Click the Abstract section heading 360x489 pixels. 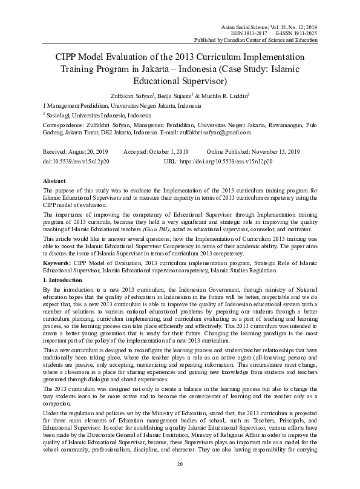click(x=54, y=181)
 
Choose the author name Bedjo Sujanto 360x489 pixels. click(x=180, y=94)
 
